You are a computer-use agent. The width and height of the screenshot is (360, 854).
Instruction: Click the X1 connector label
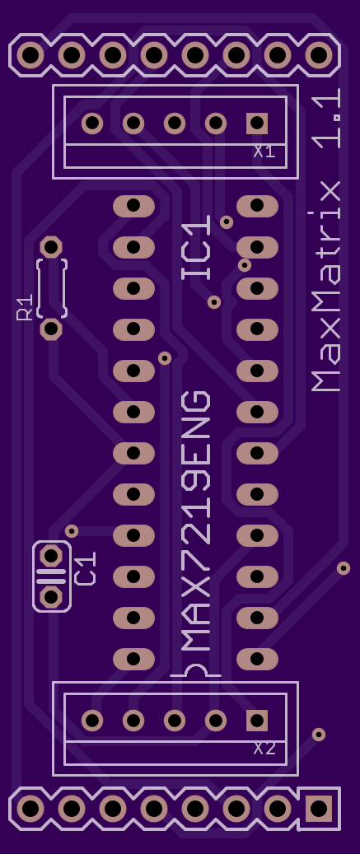point(264,152)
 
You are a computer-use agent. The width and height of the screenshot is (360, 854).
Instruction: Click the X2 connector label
point(264,749)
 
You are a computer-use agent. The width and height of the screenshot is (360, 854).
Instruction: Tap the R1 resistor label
point(25,308)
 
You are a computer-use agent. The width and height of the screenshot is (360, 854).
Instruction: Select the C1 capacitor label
point(86,568)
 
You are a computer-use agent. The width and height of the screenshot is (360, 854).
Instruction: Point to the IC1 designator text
point(196,248)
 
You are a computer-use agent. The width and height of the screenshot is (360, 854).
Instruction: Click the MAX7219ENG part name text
point(195,520)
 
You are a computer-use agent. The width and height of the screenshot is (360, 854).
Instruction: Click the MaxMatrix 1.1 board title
point(326,240)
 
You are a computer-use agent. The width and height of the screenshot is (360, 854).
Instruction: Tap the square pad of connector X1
point(257,124)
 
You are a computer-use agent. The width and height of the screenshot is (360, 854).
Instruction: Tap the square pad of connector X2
point(257,721)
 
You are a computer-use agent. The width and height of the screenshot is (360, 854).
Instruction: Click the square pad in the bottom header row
point(319,809)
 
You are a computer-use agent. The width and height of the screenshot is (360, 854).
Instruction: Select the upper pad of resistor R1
point(51,247)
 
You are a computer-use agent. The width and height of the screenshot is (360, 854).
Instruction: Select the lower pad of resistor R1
point(51,329)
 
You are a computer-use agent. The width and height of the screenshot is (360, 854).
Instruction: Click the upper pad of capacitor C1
point(51,556)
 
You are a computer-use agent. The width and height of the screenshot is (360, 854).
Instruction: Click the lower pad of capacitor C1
point(51,597)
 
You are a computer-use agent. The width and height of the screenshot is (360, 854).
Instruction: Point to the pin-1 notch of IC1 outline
point(196,669)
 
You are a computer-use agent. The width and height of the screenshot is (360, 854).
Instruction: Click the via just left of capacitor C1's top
point(72,530)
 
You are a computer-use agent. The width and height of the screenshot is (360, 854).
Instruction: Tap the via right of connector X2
point(319,735)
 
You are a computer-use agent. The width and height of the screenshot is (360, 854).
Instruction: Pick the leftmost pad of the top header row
point(30,55)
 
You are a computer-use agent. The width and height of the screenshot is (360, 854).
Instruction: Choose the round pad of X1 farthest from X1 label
point(92,124)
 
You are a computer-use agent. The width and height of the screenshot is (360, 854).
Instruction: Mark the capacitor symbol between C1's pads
point(51,576)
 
